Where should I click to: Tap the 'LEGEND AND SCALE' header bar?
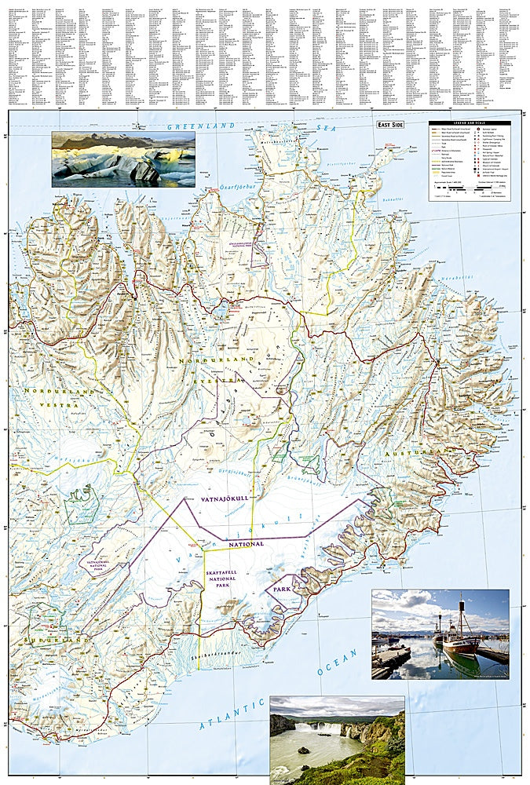pyautogui.click(x=469, y=124)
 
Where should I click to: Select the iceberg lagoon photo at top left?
pyautogui.click(x=123, y=159)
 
